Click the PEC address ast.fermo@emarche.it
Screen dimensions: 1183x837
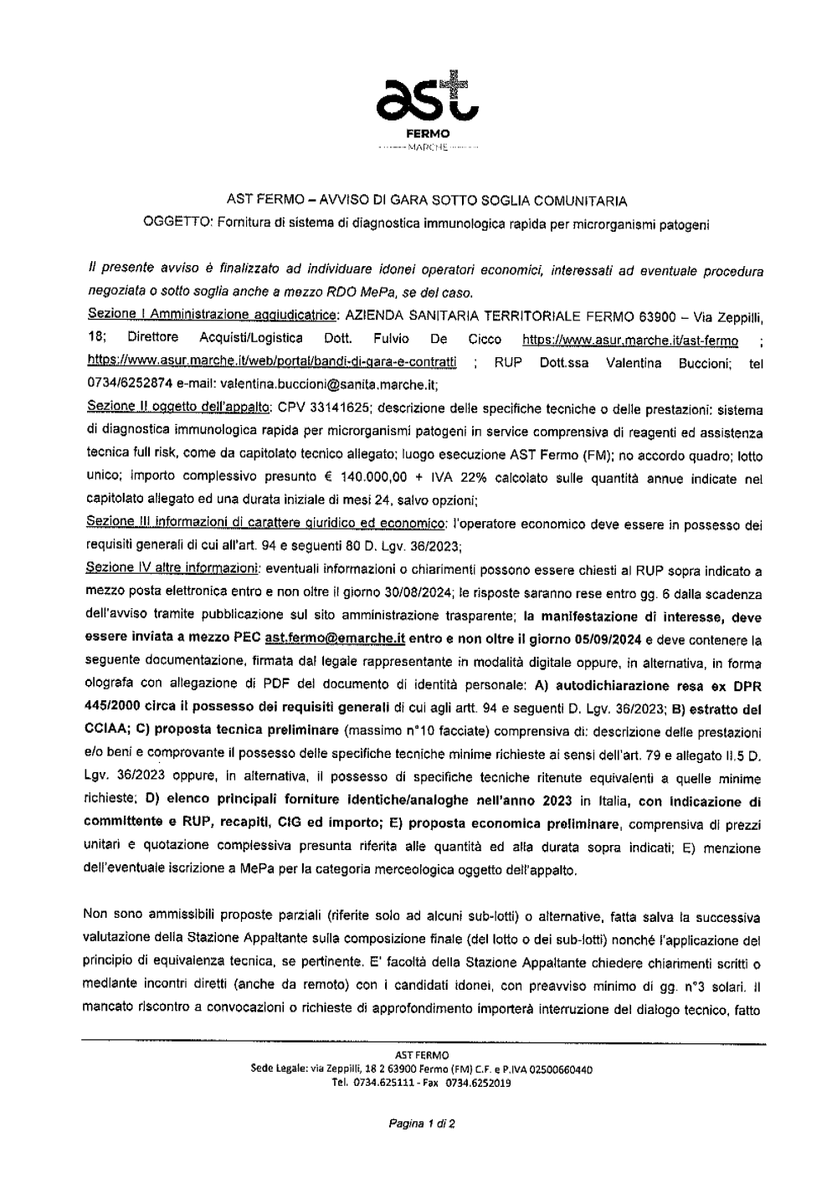(335, 638)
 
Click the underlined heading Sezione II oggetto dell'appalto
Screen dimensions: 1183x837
(177, 411)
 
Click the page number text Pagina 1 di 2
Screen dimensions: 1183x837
(422, 1124)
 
